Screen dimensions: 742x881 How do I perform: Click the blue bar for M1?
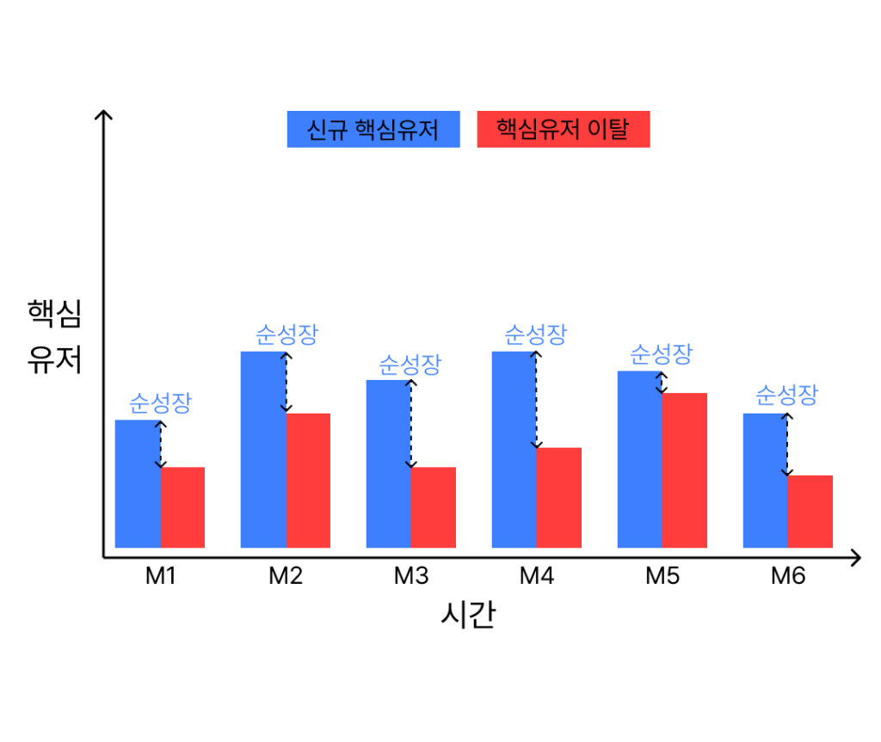pyautogui.click(x=138, y=483)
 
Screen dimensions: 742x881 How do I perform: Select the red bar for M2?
pyautogui.click(x=308, y=480)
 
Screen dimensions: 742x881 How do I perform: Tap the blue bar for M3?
pyautogui.click(x=388, y=463)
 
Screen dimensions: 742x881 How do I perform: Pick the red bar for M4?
pyautogui.click(x=559, y=497)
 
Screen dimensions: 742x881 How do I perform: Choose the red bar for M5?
pyautogui.click(x=684, y=469)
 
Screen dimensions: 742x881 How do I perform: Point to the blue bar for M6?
pyautogui.click(x=765, y=480)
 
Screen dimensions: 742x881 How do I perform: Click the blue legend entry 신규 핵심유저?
pyautogui.click(x=373, y=130)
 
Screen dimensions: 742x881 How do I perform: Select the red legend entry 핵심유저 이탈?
pyautogui.click(x=563, y=130)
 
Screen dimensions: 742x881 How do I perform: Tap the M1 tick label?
pyautogui.click(x=160, y=576)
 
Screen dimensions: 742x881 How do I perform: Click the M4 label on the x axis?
pyautogui.click(x=536, y=576)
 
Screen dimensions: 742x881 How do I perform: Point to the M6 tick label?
pyautogui.click(x=787, y=576)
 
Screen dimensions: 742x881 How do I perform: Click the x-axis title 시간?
pyautogui.click(x=467, y=616)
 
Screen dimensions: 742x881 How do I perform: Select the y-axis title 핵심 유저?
pyautogui.click(x=54, y=336)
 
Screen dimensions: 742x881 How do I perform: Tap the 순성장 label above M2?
pyautogui.click(x=286, y=334)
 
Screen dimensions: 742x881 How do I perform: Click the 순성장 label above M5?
pyautogui.click(x=661, y=353)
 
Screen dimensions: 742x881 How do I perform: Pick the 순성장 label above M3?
pyautogui.click(x=410, y=364)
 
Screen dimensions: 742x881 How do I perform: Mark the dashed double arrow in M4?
pyautogui.click(x=536, y=400)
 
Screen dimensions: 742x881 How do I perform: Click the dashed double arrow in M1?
pyautogui.click(x=160, y=445)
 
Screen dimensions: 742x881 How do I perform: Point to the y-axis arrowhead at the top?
pyautogui.click(x=104, y=115)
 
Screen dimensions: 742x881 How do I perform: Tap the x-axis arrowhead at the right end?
pyautogui.click(x=854, y=557)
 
